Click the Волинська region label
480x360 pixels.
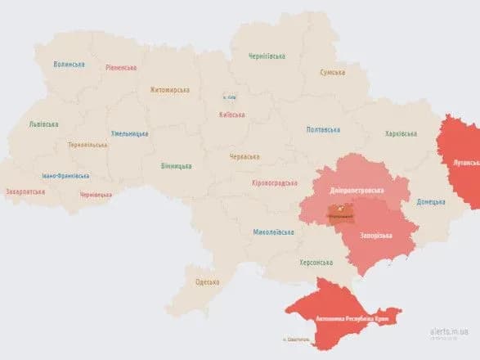pyautogui.click(x=69, y=64)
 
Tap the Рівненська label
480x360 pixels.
pyautogui.click(x=121, y=68)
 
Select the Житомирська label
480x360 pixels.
pyautogui.click(x=169, y=90)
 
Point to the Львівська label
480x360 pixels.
pyautogui.click(x=43, y=124)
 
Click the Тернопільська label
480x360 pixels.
pyautogui.click(x=87, y=145)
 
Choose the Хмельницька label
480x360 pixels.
pyautogui.click(x=130, y=133)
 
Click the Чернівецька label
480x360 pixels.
pyautogui.click(x=96, y=195)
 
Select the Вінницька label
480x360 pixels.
pyautogui.click(x=177, y=165)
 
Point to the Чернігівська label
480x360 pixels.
pyautogui.click(x=267, y=56)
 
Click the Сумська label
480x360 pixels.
pyautogui.click(x=331, y=72)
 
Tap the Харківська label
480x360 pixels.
pyautogui.click(x=401, y=133)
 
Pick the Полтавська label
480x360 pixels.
pyautogui.click(x=323, y=129)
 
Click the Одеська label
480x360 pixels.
pyautogui.click(x=208, y=282)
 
